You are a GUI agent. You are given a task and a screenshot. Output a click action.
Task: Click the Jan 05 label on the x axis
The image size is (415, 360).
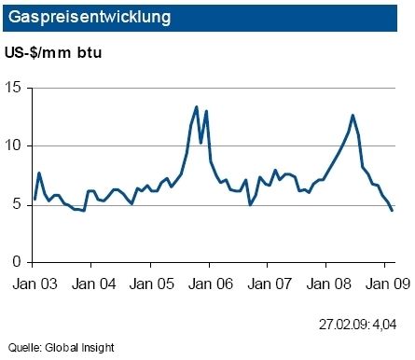click(x=153, y=284)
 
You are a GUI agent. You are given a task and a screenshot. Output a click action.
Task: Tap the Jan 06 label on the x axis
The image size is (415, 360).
click(x=210, y=284)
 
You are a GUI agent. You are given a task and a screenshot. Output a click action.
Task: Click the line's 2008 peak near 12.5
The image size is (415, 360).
click(x=353, y=116)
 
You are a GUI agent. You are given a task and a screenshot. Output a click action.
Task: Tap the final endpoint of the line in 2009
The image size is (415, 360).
click(x=392, y=211)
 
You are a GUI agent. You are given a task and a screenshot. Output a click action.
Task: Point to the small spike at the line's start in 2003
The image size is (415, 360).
click(x=39, y=173)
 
